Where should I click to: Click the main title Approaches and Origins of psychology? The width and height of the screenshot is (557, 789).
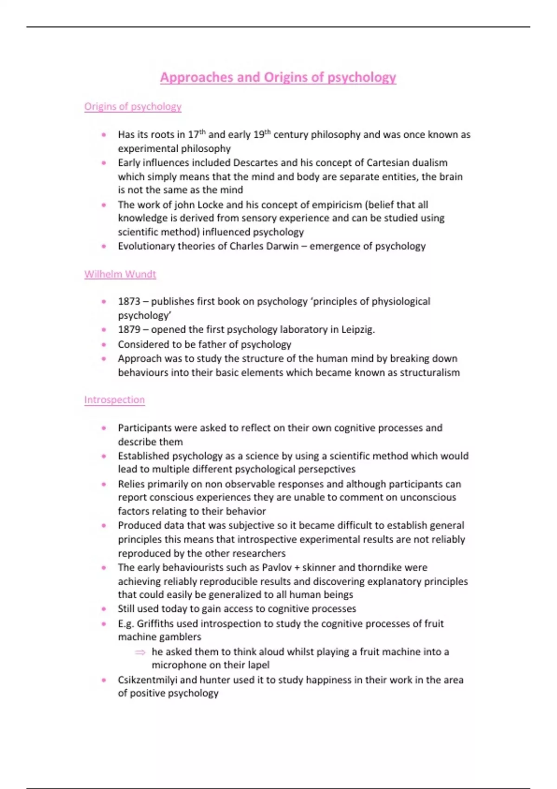(x=278, y=77)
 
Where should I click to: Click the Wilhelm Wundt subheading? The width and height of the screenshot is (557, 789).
(x=120, y=274)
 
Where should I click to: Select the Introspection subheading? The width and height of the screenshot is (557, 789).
(x=115, y=400)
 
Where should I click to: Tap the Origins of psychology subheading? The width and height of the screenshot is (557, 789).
(x=133, y=106)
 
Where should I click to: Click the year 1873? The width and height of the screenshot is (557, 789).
(x=129, y=301)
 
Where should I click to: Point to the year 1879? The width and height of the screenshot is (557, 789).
(x=129, y=330)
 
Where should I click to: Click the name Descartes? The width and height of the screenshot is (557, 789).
(x=256, y=162)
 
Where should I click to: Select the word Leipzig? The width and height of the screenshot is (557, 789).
(x=358, y=330)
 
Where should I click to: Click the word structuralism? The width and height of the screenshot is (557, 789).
(x=430, y=372)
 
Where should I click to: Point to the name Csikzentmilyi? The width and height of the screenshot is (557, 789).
(x=147, y=680)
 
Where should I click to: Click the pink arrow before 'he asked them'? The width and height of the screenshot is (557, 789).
(x=140, y=652)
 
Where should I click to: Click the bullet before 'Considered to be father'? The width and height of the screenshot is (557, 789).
(x=104, y=344)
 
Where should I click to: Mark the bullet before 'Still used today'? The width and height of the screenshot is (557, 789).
(x=104, y=609)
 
